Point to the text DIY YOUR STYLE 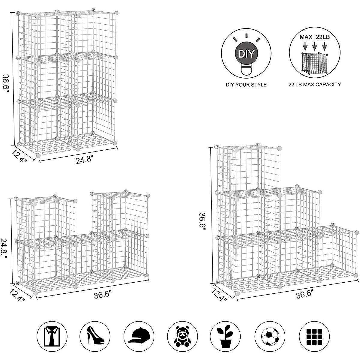(x=246, y=85)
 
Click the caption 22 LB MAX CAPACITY (x=314, y=85)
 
